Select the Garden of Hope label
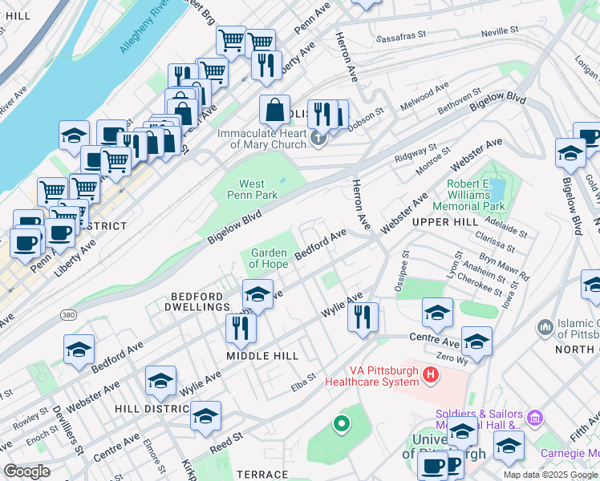269,259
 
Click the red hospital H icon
431,374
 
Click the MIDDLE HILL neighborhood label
261,355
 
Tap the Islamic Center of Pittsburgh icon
545,327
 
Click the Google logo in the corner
26,471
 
